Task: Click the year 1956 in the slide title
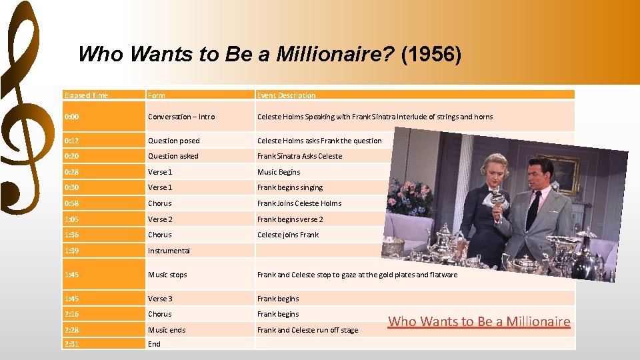point(431,54)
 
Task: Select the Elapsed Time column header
point(86,95)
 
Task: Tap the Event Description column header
point(287,95)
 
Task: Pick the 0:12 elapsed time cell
point(71,141)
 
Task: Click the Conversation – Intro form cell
point(181,117)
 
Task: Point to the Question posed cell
point(174,141)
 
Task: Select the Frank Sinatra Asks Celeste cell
point(299,156)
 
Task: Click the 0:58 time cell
point(71,203)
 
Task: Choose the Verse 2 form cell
point(160,219)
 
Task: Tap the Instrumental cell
point(169,251)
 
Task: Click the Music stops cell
point(167,275)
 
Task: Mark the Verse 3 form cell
point(160,299)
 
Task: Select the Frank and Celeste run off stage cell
point(307,330)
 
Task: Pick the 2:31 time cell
point(71,344)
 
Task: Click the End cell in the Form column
point(154,344)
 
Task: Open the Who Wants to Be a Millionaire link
point(479,321)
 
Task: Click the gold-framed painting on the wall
point(567,173)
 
